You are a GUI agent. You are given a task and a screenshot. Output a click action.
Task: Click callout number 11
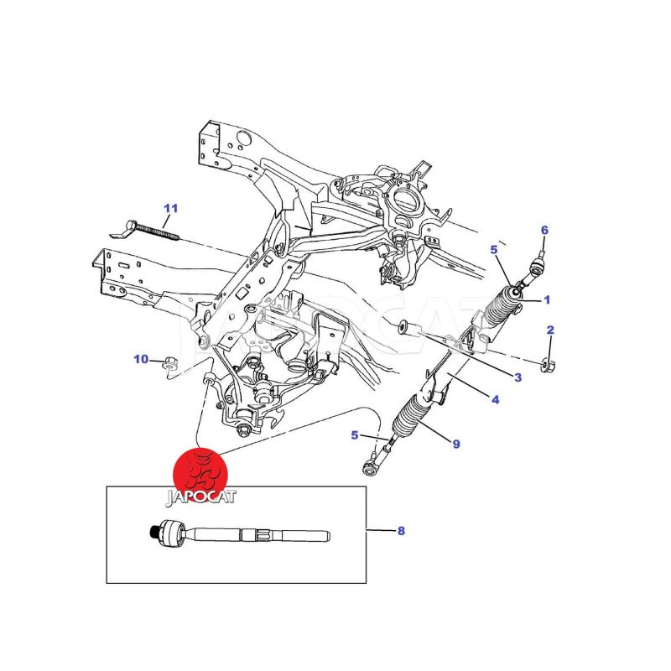171,208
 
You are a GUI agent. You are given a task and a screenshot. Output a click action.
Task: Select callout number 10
141,360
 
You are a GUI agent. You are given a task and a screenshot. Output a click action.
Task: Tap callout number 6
544,230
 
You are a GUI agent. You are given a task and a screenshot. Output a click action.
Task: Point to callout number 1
547,299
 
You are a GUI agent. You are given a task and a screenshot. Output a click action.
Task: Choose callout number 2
550,330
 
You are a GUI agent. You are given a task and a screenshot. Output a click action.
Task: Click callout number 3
518,377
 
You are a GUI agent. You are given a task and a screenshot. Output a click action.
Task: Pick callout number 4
496,400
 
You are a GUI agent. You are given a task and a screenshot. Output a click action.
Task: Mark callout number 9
455,444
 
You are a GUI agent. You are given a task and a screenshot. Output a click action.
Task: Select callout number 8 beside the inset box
401,531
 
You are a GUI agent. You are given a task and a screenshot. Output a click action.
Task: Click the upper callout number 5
494,249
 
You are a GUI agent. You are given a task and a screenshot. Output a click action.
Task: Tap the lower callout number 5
356,434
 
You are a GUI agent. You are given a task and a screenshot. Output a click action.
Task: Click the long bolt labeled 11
154,226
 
